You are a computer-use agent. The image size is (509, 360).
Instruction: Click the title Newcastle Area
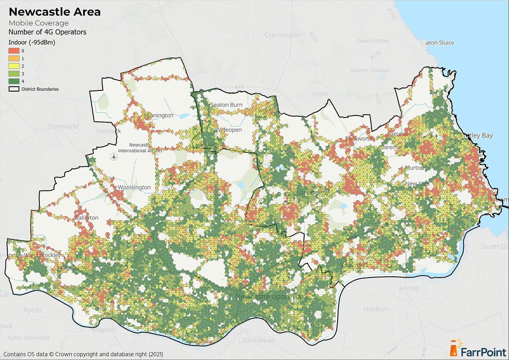[x=55, y=12]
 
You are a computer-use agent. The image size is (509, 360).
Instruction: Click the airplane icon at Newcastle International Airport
[x=113, y=157]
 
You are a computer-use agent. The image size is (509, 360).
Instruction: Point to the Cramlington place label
[x=283, y=35]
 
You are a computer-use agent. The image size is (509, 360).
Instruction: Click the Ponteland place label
[x=63, y=126]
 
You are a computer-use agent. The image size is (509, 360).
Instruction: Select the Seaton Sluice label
[x=436, y=42]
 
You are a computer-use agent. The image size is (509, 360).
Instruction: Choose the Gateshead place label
[x=258, y=340]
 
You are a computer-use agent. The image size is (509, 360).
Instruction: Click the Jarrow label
[x=408, y=288]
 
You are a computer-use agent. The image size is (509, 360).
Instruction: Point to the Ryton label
[x=33, y=310]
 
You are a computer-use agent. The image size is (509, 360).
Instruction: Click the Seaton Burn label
[x=226, y=105]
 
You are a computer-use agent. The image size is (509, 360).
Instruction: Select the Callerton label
[x=87, y=218]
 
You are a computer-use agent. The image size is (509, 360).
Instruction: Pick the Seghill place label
[x=320, y=94]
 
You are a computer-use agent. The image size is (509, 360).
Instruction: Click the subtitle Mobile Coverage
[x=39, y=23]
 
